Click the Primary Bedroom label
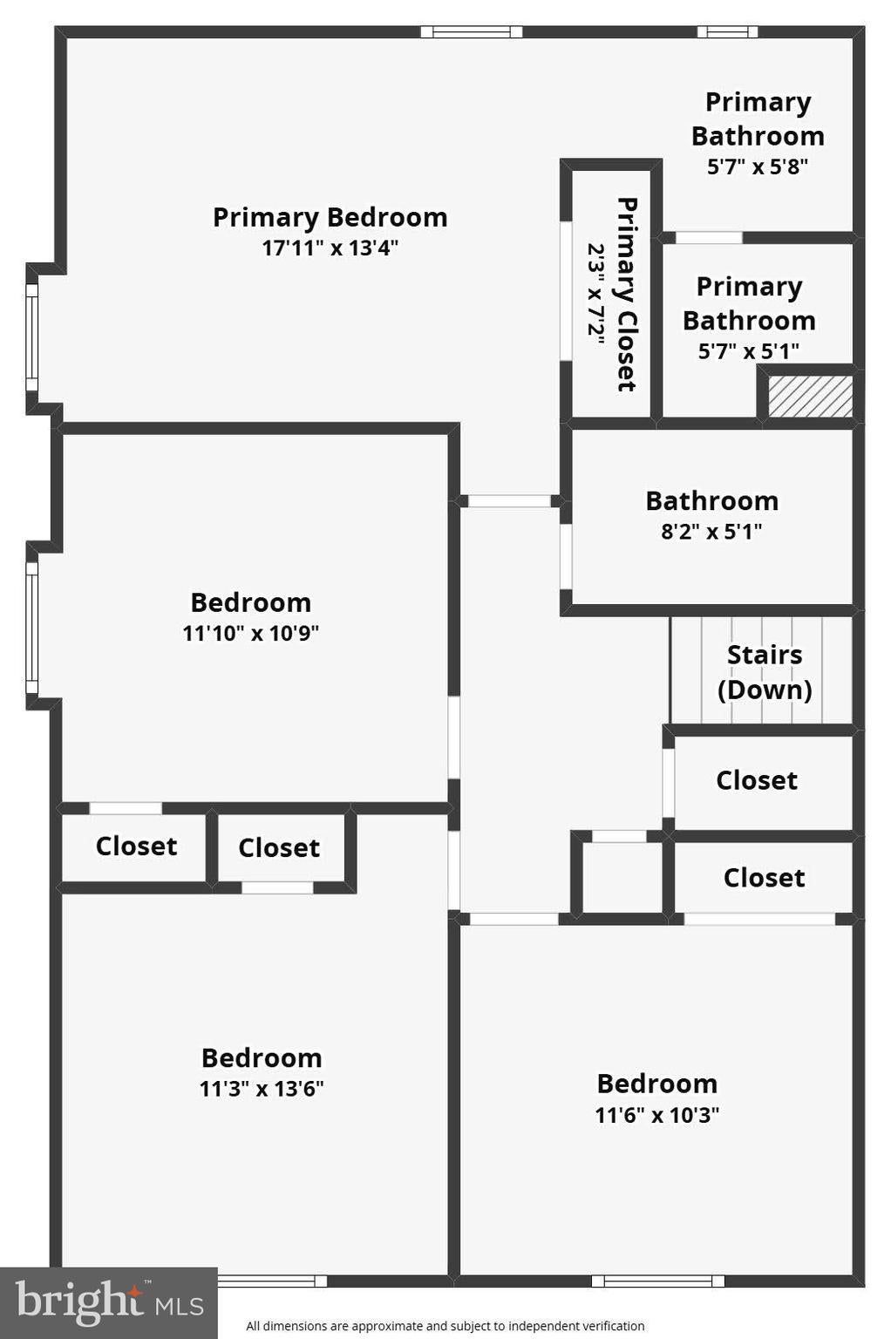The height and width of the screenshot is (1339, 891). tap(330, 218)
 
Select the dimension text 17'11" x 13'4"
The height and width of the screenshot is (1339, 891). tap(330, 248)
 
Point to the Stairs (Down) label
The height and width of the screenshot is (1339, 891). tap(765, 672)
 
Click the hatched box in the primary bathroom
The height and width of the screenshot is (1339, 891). tap(810, 396)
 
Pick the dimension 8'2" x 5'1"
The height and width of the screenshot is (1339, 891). tap(711, 531)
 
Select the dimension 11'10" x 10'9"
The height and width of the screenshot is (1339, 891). tap(250, 633)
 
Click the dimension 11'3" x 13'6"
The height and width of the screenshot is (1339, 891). tap(262, 1089)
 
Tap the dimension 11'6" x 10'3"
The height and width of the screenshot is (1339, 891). tap(656, 1115)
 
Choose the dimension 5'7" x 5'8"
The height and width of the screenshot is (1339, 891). tap(758, 167)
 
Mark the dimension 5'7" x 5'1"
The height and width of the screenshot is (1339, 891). tap(749, 351)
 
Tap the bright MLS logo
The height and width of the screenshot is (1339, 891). tap(109, 1303)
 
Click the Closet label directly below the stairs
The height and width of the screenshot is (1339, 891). tap(757, 780)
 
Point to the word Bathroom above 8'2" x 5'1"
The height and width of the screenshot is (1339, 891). tap(711, 501)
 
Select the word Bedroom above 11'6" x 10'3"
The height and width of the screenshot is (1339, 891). tap(656, 1084)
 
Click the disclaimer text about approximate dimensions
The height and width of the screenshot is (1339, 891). tap(445, 1326)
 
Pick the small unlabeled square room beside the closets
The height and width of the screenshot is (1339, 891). tap(622, 878)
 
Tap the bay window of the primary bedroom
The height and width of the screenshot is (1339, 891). tap(31, 337)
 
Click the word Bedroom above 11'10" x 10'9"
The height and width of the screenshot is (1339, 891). tap(250, 602)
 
